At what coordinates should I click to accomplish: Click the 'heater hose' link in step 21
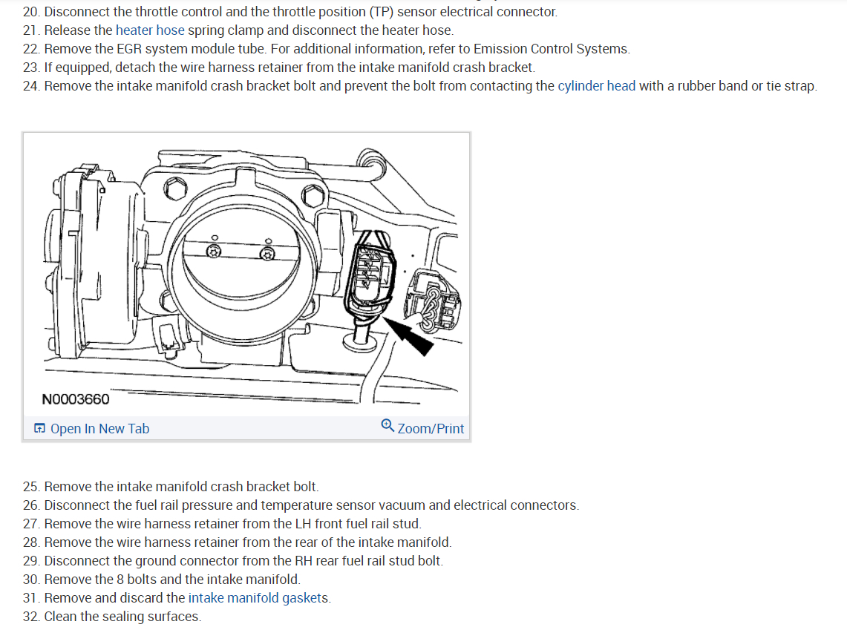click(x=150, y=30)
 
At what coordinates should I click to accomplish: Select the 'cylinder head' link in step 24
click(x=596, y=85)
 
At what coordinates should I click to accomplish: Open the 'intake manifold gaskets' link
click(x=259, y=598)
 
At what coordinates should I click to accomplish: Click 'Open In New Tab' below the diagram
click(x=99, y=429)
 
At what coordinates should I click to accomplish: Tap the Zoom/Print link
click(x=431, y=429)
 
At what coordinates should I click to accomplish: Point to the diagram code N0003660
click(x=76, y=399)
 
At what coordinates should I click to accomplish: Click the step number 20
click(x=30, y=12)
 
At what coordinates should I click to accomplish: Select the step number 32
click(x=30, y=617)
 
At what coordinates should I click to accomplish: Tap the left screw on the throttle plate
click(x=213, y=252)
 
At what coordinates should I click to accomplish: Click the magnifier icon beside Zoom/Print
click(x=387, y=426)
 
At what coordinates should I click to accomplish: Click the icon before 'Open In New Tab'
click(x=39, y=429)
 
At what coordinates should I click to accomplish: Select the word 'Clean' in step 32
click(x=61, y=617)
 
